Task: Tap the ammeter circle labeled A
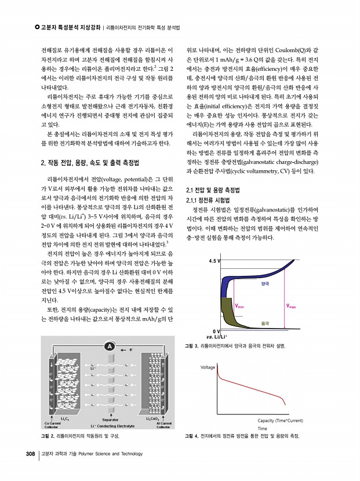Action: (108, 347)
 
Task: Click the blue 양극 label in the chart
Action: (266, 284)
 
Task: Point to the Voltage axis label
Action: (208, 367)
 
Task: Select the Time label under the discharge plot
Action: (262, 428)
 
